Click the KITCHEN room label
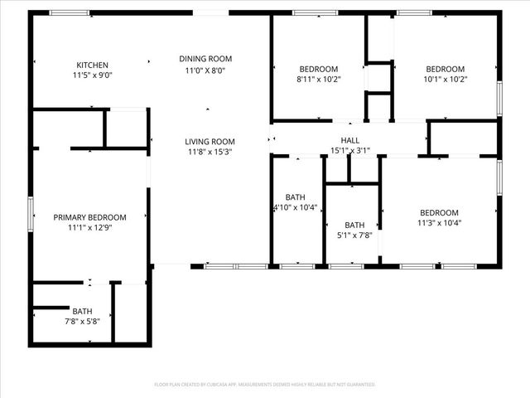tap(92, 65)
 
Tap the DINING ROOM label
tap(205, 59)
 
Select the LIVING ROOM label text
tap(210, 142)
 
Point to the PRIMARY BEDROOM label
tap(89, 217)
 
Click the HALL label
tap(350, 140)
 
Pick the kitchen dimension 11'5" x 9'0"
tap(92, 75)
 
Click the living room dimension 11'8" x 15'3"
tap(210, 153)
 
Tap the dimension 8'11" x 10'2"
tap(319, 80)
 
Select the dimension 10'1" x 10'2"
tap(446, 80)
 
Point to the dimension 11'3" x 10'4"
tap(438, 223)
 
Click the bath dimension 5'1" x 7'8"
tap(354, 235)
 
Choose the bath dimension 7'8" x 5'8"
tap(82, 322)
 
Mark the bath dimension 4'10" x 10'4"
tap(296, 207)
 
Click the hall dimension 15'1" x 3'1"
tap(350, 151)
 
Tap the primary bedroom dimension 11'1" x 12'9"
tap(89, 228)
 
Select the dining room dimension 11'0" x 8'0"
tap(205, 70)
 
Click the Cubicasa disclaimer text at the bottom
tap(265, 385)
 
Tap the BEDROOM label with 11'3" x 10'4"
tap(438, 212)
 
